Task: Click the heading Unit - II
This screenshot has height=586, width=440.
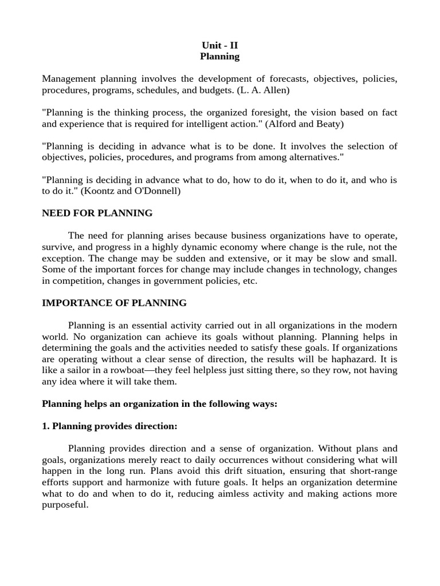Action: tap(219, 45)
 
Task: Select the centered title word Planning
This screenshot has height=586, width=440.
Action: tap(219, 56)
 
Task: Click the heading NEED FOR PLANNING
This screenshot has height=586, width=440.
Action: tap(97, 213)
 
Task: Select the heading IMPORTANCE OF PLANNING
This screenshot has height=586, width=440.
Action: tap(114, 303)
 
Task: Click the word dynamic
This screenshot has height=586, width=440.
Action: tap(211, 247)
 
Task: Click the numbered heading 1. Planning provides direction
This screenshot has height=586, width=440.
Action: tap(109, 426)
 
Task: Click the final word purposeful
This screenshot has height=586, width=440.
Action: tap(65, 505)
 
